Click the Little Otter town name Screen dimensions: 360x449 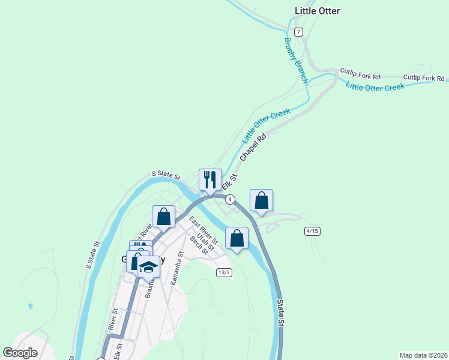(x=318, y=11)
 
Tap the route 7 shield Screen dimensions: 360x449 (x=298, y=31)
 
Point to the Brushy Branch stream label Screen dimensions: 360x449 (x=295, y=60)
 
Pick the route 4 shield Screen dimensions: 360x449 (x=230, y=199)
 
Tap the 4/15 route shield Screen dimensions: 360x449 (x=312, y=231)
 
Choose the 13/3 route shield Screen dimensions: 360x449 (x=224, y=272)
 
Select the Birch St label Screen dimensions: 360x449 (x=198, y=245)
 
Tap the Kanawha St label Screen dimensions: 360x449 (x=175, y=271)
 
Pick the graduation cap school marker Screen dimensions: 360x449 (x=148, y=268)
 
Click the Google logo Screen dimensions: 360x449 (x=20, y=353)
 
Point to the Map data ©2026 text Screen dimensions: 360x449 (x=423, y=355)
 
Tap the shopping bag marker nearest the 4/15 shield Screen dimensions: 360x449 (x=261, y=201)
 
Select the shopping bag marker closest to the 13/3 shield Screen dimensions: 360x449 (x=237, y=238)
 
